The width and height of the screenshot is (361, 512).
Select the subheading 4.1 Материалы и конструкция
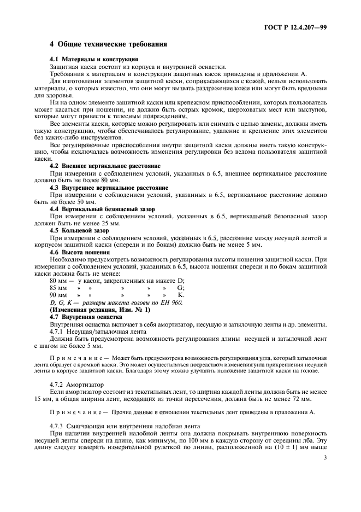point(93,59)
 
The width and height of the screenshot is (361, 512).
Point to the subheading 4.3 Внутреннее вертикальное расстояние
point(109,188)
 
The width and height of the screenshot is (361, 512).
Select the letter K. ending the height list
point(181,295)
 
